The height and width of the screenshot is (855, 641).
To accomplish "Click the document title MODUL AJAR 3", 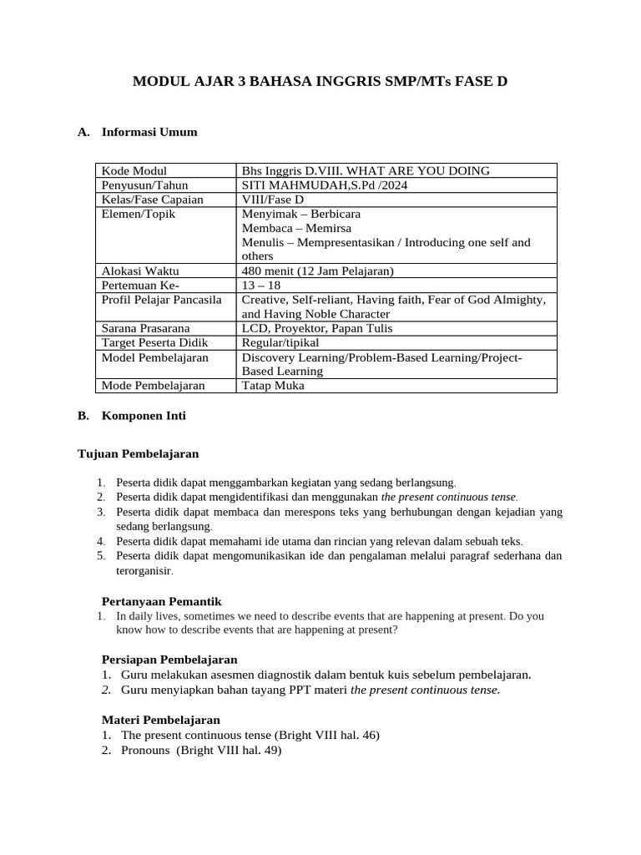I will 320,82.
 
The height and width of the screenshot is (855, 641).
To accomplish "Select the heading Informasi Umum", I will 149,132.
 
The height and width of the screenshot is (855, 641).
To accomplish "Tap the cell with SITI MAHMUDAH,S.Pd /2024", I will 324,185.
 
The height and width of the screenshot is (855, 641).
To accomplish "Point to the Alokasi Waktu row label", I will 139,271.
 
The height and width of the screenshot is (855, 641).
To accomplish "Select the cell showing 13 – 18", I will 261,286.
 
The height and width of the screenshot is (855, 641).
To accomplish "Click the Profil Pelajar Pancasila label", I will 161,300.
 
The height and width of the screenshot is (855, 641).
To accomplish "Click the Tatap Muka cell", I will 273,386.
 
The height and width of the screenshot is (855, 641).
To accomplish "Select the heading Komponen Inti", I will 144,415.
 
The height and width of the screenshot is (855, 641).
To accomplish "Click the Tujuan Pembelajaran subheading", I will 138,453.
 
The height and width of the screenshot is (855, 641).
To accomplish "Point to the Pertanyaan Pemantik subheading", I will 161,601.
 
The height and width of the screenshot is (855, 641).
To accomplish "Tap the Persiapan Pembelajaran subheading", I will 169,659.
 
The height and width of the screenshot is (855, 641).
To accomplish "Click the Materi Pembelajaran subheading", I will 160,719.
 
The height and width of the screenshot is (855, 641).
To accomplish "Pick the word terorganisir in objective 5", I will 143,571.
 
